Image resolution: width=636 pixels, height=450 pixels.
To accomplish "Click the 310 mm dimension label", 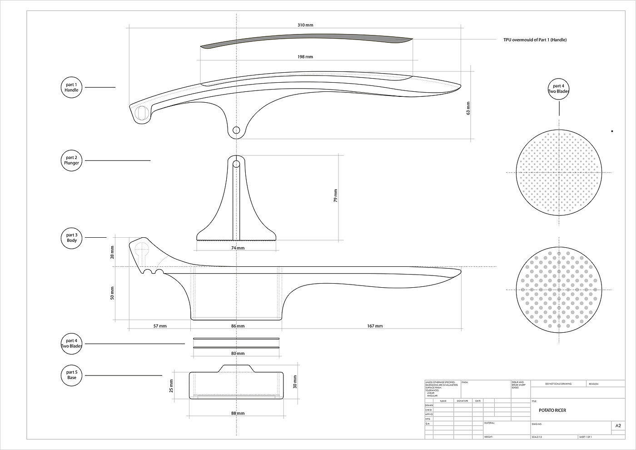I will coord(305,25).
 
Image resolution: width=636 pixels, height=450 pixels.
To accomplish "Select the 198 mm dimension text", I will coord(305,57).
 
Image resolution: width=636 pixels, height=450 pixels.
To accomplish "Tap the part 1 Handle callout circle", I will coord(72,87).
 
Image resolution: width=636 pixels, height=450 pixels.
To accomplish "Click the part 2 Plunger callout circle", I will coord(72,160).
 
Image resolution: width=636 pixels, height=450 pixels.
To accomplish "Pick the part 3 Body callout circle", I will coord(72,238).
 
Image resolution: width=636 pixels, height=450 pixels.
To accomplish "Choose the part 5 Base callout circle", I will coord(72,375).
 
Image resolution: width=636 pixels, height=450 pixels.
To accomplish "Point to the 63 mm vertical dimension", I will coord(468,108).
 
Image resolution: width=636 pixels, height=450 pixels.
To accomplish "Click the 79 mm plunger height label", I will coord(336,195).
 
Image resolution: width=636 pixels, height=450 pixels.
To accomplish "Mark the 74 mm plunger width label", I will coord(238,248).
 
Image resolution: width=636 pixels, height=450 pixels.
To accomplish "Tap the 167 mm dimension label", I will coord(375,326).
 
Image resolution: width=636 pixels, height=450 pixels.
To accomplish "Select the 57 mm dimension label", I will coord(160,326).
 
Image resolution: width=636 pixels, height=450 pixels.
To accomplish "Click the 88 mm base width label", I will coord(238,413).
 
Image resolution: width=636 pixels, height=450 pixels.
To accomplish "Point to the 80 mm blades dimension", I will coord(238,353).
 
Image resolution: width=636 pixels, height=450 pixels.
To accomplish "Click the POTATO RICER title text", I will coord(552,410).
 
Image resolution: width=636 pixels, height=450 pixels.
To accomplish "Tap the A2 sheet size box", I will coord(618,426).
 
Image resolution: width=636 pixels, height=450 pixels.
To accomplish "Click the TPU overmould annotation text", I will coord(535,40).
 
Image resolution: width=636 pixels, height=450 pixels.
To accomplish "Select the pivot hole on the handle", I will coord(236,130).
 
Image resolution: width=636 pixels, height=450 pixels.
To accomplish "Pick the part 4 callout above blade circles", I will coord(559,89).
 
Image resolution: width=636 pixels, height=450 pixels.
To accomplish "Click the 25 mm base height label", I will coord(172,386).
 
